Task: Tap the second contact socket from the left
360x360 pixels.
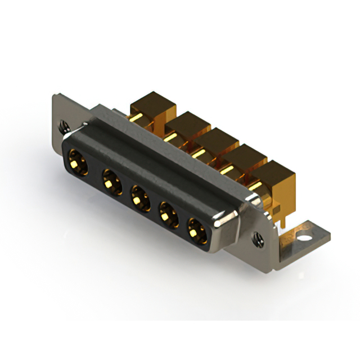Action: pos(111,181)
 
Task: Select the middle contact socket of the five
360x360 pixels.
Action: pos(138,198)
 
